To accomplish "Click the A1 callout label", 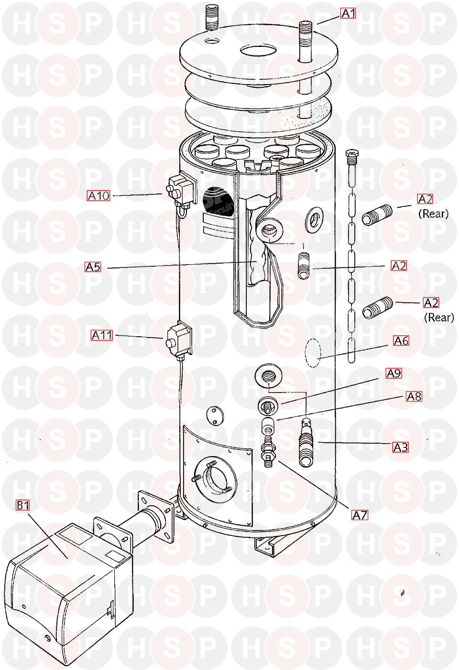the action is [348, 13].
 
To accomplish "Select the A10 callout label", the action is [98, 196].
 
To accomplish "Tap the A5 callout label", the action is [93, 266].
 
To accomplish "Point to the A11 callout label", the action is [102, 335].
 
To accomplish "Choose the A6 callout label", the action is [401, 340].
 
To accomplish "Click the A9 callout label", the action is [393, 373].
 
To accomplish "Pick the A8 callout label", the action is [414, 396].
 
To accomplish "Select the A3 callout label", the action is [400, 447].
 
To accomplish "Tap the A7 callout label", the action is [360, 515].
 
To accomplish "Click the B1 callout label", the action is [22, 505].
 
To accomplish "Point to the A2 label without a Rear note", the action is [399, 266].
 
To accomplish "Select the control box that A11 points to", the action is [178, 338].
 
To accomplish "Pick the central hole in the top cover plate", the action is [258, 50].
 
